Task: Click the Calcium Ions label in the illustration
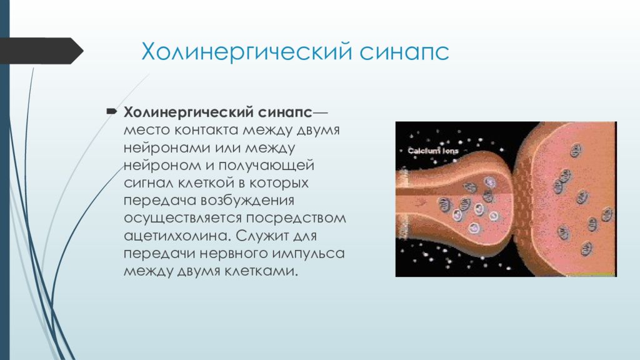click(x=432, y=151)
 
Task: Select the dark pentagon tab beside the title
click(x=40, y=51)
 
